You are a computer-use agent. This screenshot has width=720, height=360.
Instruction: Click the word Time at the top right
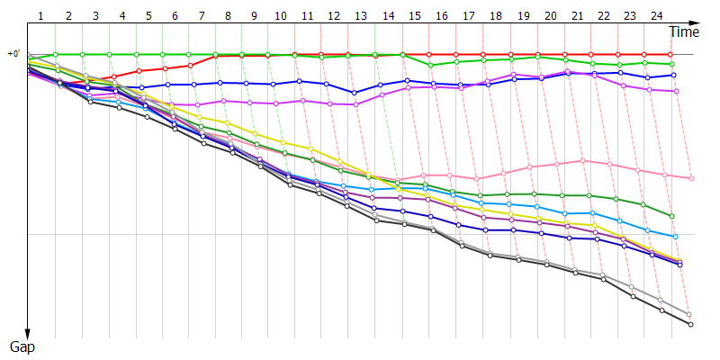point(684,32)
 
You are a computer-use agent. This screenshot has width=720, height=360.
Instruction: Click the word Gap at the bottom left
point(22,346)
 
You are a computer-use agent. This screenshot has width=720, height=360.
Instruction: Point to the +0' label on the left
point(13,54)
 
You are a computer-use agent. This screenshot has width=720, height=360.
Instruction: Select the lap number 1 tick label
point(41,15)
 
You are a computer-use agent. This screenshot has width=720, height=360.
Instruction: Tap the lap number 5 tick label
point(148,15)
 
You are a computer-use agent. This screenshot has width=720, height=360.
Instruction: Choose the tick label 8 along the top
point(229,15)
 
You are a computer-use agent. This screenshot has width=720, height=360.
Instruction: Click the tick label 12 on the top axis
point(334,15)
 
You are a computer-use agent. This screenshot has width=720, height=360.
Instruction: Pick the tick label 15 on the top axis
point(414,15)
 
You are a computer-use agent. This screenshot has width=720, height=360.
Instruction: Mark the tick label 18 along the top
point(495,15)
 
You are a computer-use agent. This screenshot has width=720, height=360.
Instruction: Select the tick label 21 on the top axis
point(576,15)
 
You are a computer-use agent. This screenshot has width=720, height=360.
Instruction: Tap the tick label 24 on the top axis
point(656,15)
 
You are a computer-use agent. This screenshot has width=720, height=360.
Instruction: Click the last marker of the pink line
point(691,178)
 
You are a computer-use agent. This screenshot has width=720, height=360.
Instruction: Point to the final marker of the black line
point(690,324)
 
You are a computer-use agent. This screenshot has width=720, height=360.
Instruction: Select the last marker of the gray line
point(689,314)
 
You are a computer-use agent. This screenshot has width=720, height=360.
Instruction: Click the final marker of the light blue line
point(676,236)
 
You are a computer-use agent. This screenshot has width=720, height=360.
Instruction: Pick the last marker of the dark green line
point(672,216)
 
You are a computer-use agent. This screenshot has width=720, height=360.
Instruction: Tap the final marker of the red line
point(670,54)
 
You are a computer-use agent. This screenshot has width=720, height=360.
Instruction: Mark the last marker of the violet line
point(676,91)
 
